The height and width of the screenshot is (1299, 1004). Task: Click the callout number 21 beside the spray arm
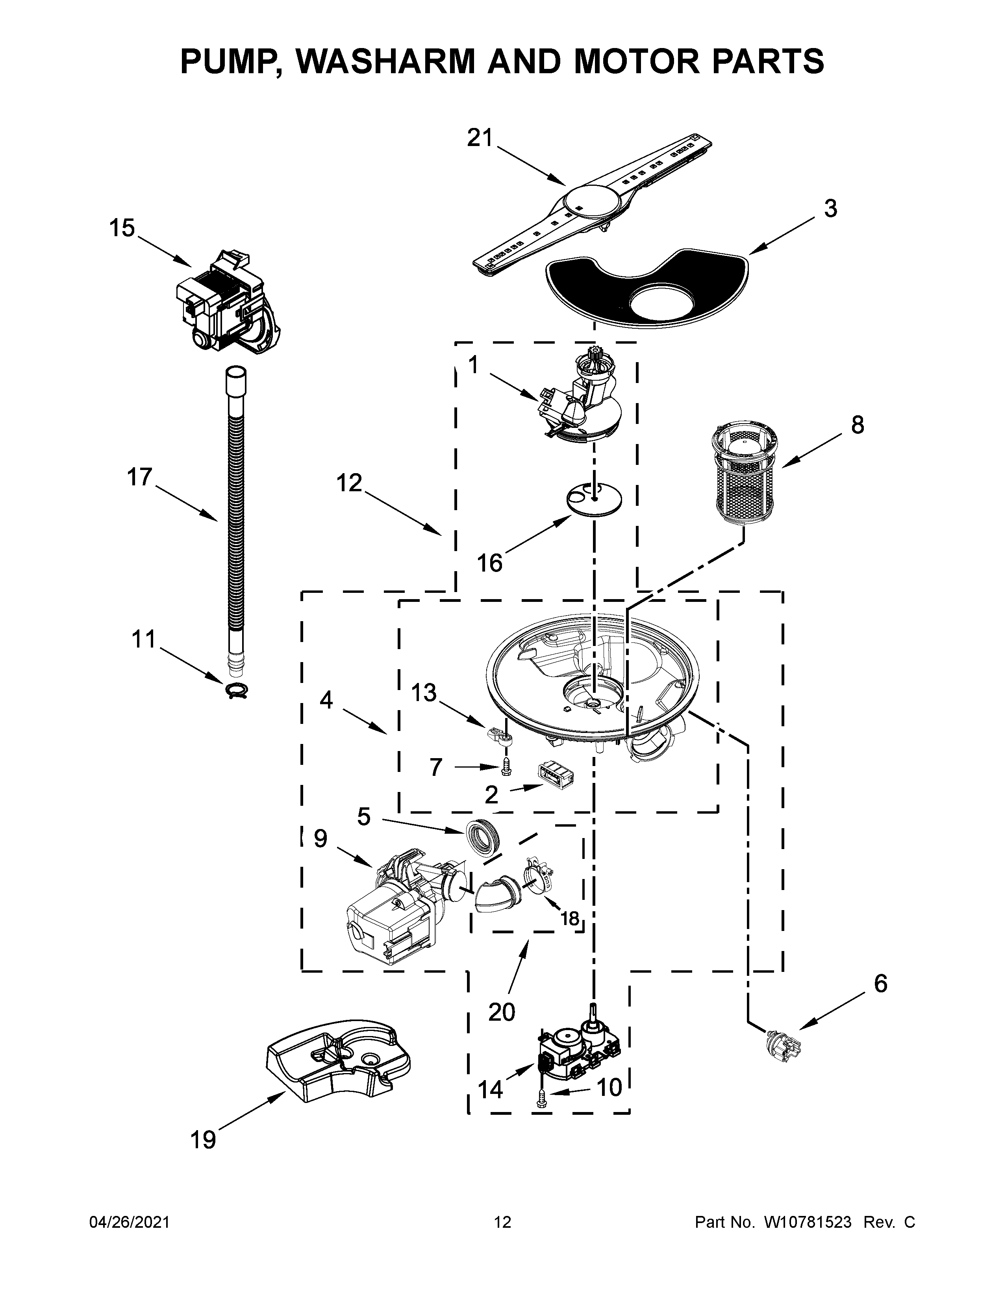point(480,138)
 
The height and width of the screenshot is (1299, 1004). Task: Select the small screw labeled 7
point(506,768)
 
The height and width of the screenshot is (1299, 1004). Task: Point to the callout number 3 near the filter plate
point(830,209)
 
